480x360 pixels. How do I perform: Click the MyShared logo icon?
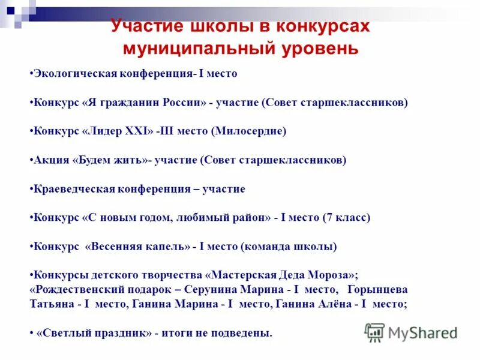click(x=374, y=332)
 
